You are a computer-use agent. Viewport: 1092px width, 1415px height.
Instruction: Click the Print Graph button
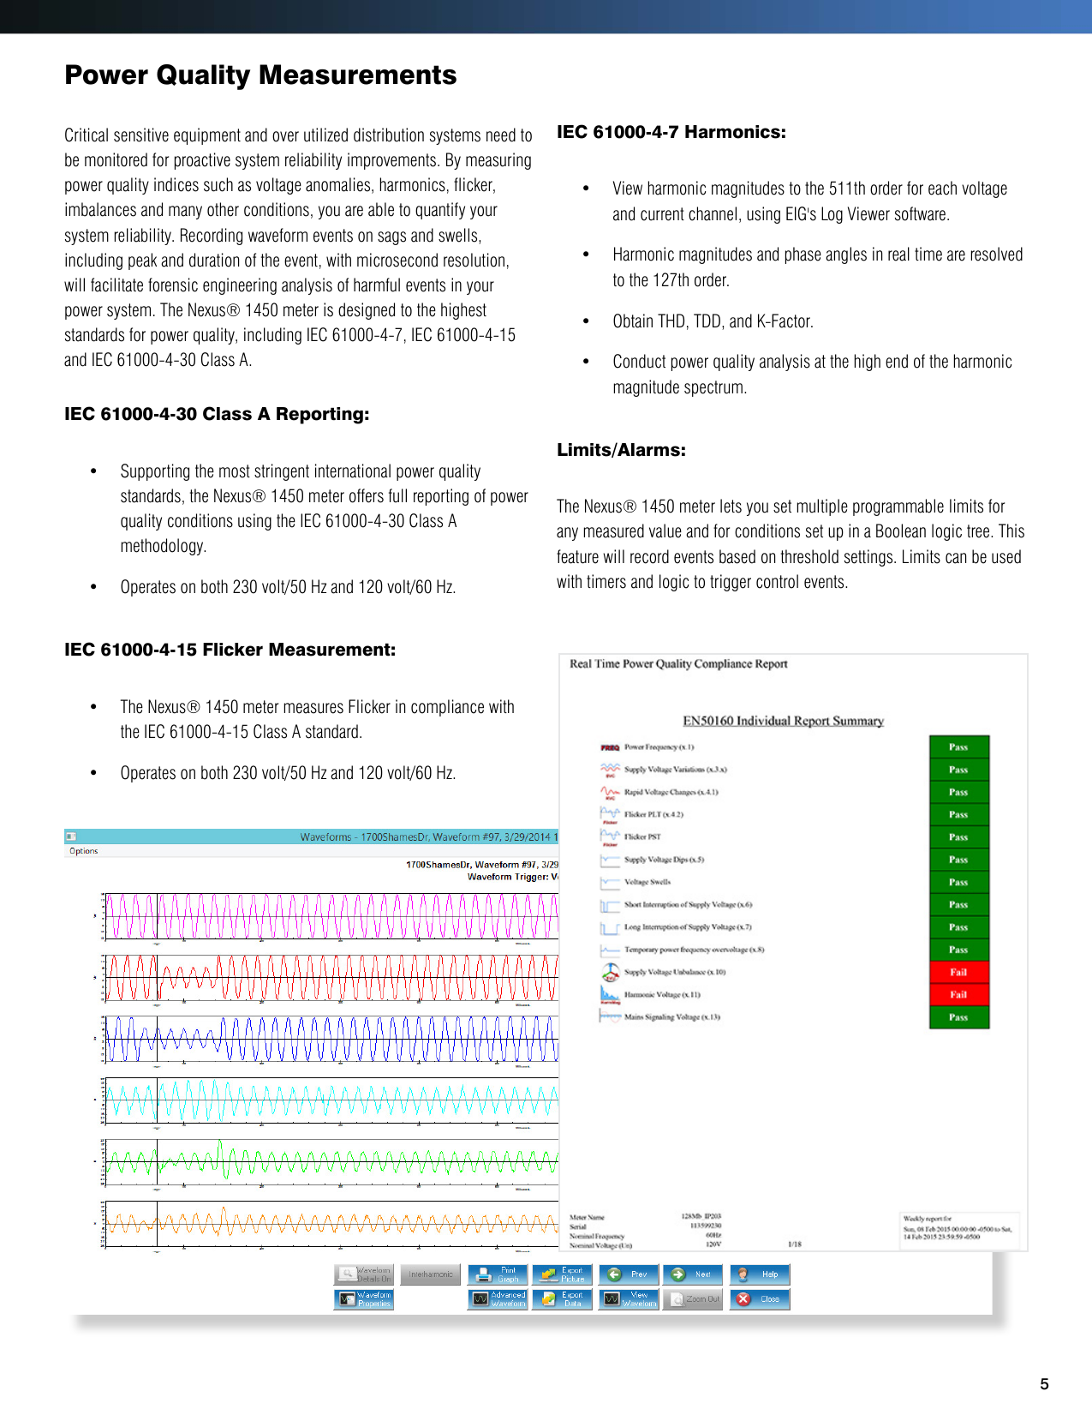point(498,1274)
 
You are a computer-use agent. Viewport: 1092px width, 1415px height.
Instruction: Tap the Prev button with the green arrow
point(629,1274)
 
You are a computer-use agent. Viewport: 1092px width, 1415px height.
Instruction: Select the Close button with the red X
point(760,1299)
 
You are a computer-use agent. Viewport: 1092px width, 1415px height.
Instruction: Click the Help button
point(760,1274)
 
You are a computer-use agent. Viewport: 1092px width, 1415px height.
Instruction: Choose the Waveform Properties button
point(363,1299)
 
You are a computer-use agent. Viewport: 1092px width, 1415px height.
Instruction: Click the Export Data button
point(562,1299)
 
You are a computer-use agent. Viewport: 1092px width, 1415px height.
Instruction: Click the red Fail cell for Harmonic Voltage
point(958,995)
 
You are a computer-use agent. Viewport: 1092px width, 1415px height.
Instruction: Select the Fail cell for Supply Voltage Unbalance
point(958,973)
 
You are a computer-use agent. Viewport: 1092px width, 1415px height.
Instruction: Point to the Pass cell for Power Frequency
point(958,747)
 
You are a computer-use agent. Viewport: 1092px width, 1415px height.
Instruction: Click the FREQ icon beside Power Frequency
point(610,747)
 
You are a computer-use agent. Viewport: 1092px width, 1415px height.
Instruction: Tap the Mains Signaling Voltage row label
point(671,1017)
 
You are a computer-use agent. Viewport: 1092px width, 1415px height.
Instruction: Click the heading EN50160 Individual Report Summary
point(783,721)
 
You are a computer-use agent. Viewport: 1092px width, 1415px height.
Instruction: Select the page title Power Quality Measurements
point(260,75)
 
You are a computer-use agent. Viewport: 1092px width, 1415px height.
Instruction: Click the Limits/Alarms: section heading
point(621,451)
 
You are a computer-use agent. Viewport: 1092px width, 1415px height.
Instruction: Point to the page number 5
point(1044,1384)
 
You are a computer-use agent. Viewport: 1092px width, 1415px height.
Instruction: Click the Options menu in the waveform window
point(84,851)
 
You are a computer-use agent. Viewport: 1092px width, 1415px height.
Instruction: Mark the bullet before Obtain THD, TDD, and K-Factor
point(586,321)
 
